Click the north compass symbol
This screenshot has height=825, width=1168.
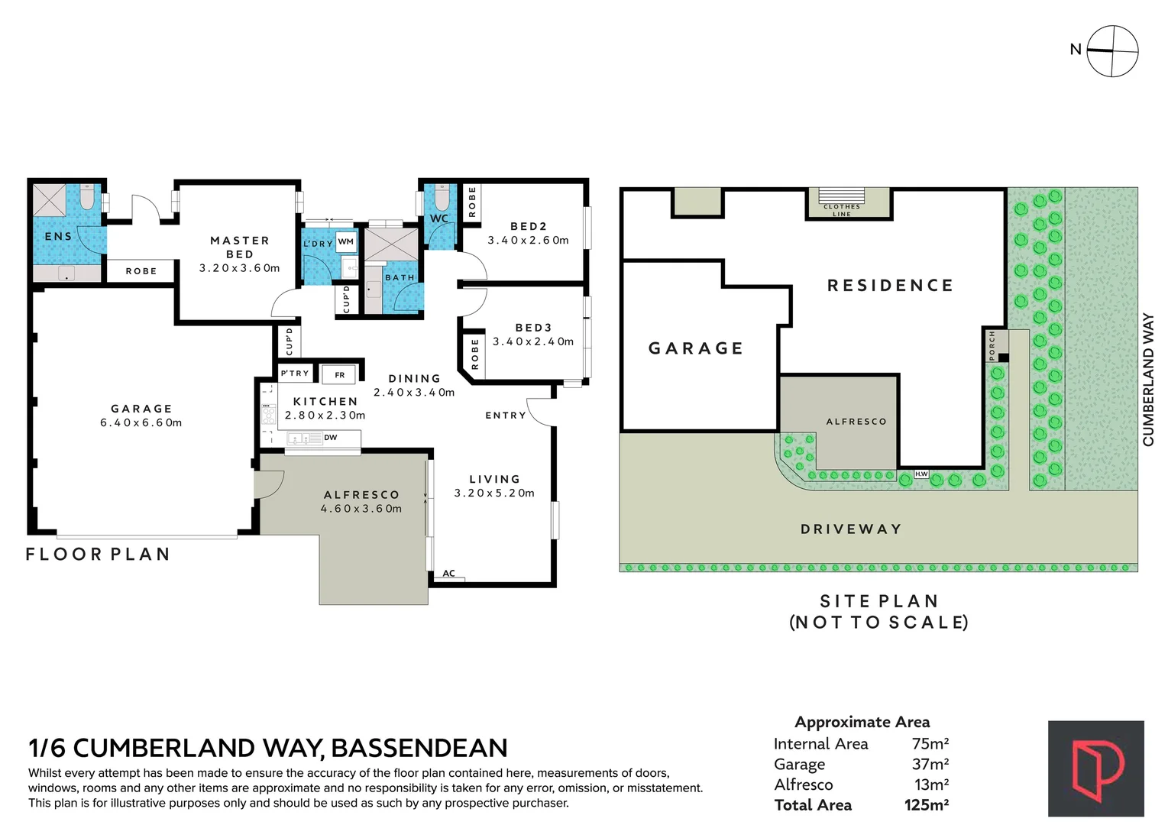(x=1112, y=51)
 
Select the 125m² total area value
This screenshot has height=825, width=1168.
(x=927, y=805)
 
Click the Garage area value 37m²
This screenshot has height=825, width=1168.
(x=930, y=764)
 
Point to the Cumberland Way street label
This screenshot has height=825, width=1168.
(x=1148, y=380)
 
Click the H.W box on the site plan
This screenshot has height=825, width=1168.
(x=921, y=474)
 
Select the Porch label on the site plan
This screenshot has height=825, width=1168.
(x=992, y=345)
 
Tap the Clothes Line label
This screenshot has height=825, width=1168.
(x=842, y=210)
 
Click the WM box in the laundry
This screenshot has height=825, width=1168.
(x=346, y=241)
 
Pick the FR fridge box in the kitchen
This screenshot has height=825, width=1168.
(x=340, y=375)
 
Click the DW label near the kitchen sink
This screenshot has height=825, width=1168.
(x=331, y=438)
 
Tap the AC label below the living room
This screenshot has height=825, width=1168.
(x=449, y=574)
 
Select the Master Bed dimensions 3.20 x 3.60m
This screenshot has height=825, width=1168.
(x=240, y=268)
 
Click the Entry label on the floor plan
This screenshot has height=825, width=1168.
(x=506, y=416)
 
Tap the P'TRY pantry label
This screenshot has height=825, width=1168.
(x=295, y=374)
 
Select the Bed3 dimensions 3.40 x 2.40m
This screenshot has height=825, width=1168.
(x=533, y=341)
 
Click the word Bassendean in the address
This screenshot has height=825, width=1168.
(x=419, y=748)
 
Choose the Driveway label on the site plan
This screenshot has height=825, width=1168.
(x=851, y=529)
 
